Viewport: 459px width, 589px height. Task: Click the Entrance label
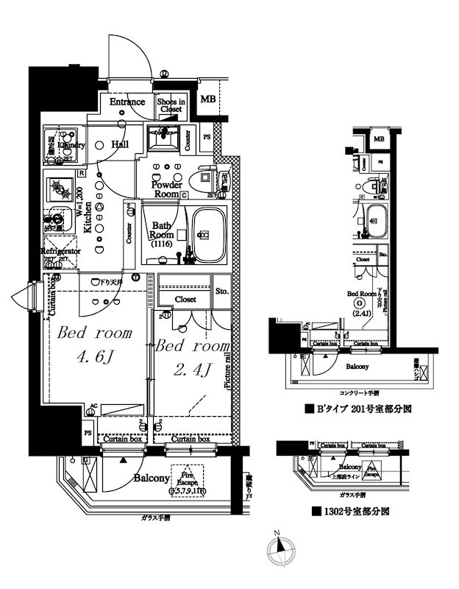click(127, 102)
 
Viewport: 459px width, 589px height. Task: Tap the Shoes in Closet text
click(171, 105)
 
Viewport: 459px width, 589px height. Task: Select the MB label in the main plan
click(208, 98)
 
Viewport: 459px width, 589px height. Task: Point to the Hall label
click(121, 145)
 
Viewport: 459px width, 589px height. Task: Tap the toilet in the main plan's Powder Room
click(202, 179)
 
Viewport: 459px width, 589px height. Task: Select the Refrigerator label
click(60, 251)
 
